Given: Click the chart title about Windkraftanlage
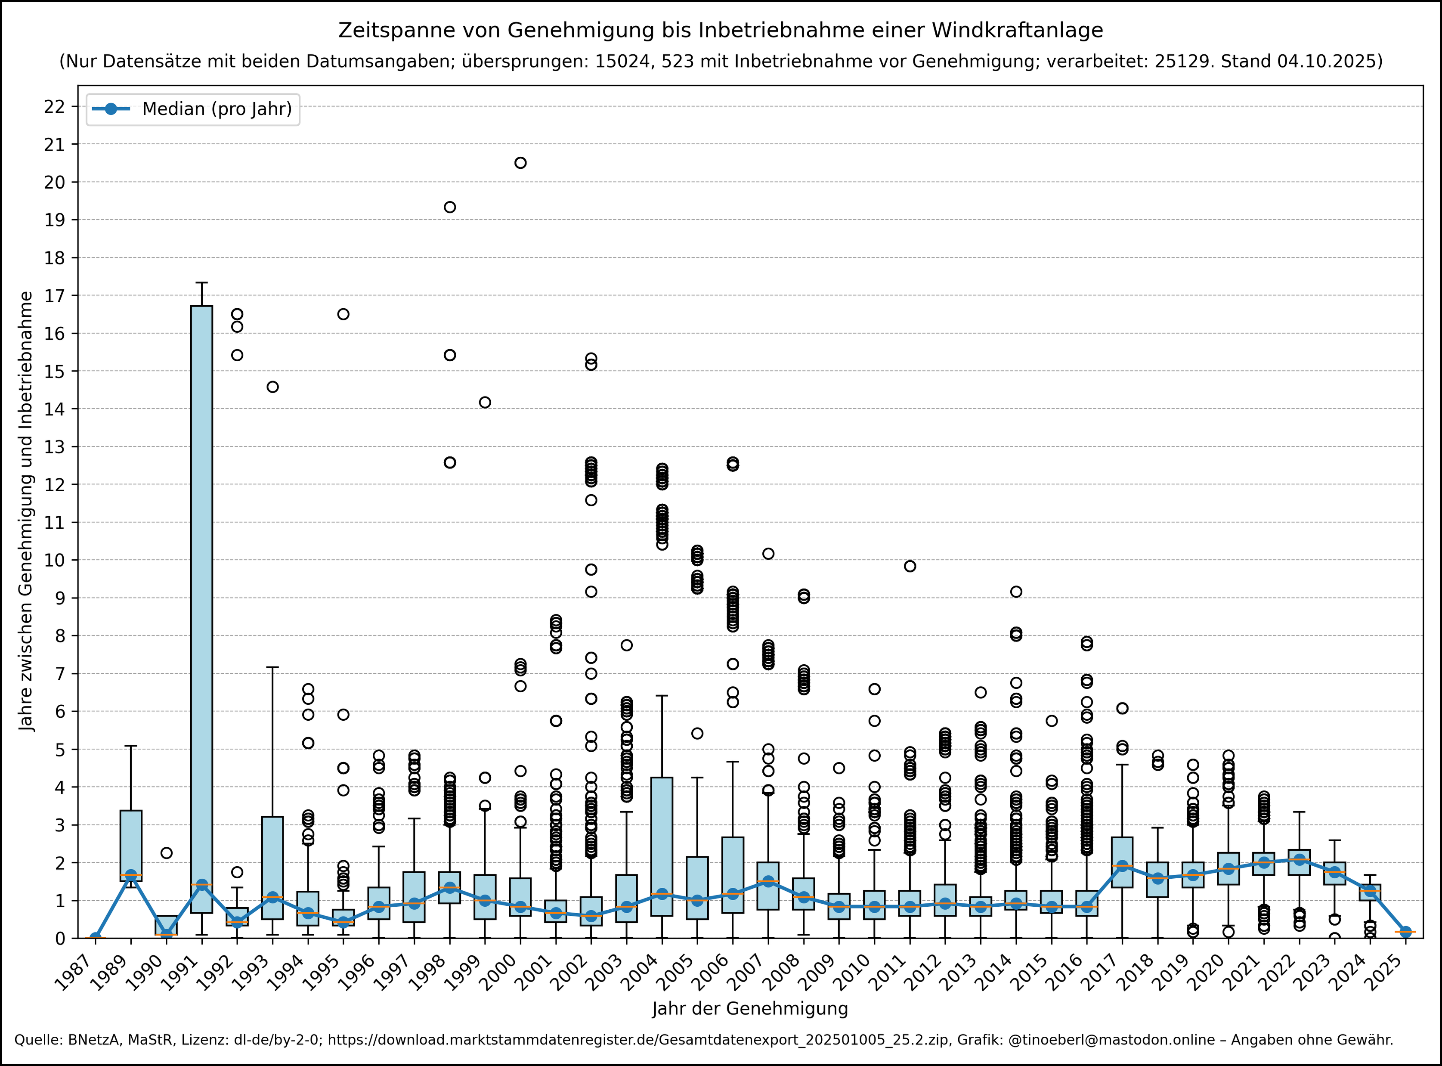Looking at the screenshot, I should tap(721, 30).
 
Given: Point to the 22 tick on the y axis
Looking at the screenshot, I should tap(55, 106).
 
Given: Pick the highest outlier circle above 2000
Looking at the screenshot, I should tap(520, 163).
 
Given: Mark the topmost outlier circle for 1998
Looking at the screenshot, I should tap(450, 207).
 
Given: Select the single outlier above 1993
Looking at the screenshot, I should tap(273, 387).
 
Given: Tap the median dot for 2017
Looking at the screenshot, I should tap(1123, 866).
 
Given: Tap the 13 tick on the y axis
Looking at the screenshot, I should tap(55, 446).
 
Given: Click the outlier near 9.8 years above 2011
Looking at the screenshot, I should tap(910, 566).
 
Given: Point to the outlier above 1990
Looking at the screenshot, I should tap(167, 853).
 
